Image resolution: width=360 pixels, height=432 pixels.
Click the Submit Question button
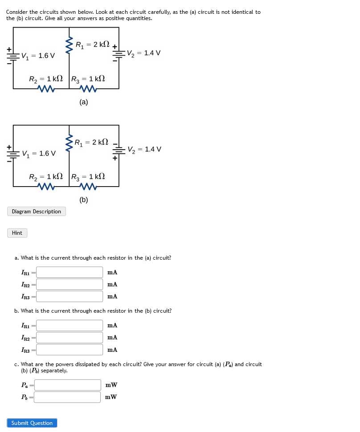32,423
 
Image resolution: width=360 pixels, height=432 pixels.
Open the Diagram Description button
37,212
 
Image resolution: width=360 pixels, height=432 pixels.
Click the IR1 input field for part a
70,272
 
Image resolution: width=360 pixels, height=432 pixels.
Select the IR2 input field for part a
70,284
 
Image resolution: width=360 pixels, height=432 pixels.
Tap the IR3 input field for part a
70,296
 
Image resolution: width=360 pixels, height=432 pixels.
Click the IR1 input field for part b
70,326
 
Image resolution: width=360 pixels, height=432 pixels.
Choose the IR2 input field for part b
70,338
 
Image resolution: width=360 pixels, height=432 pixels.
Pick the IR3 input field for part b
70,350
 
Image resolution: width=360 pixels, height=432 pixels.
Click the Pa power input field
68,385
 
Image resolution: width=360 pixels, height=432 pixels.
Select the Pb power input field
68,397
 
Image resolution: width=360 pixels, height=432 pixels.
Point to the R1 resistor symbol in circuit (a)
69,45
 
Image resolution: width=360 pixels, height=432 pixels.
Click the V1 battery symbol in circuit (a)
13,56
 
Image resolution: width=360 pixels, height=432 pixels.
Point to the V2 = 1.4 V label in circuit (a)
143,53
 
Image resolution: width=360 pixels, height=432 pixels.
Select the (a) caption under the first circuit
84,102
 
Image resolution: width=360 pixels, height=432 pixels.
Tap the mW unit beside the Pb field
111,397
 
